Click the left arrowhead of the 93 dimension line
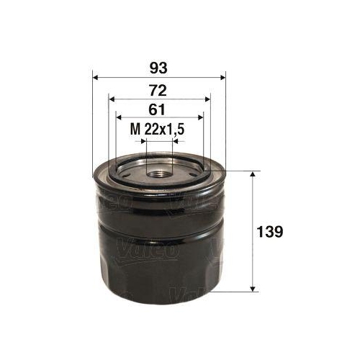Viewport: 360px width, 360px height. (96, 78)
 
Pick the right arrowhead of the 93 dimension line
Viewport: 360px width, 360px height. (223, 78)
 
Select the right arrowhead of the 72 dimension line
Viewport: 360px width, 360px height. (207, 100)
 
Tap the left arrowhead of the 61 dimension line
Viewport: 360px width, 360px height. (120, 119)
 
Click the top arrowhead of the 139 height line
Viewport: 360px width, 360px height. (253, 176)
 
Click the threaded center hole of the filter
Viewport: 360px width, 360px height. (159, 171)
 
